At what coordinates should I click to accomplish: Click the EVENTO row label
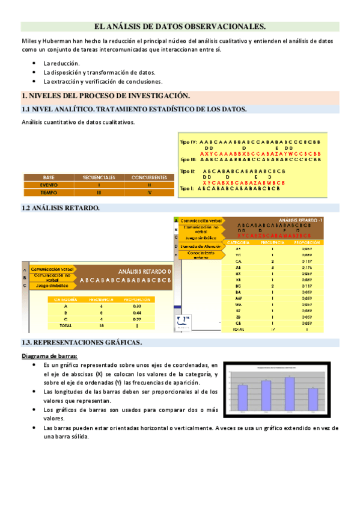(49, 185)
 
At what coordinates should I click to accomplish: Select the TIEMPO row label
(49, 192)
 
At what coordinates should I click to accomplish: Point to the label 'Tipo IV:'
(189, 142)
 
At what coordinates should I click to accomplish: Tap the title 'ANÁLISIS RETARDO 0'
(144, 271)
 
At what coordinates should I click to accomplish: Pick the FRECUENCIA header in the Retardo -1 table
(272, 242)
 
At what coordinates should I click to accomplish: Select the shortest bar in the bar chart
(313, 399)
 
